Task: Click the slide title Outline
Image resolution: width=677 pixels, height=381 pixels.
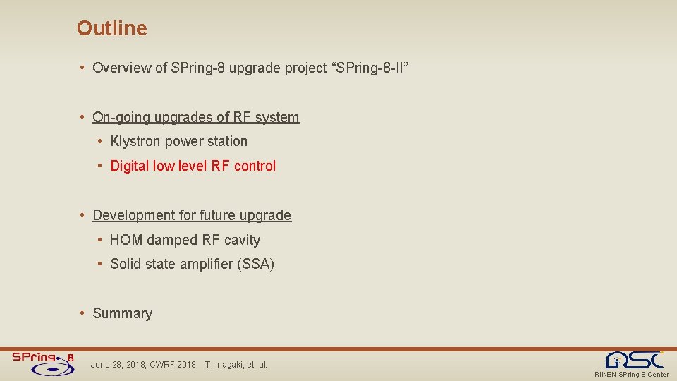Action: point(112,28)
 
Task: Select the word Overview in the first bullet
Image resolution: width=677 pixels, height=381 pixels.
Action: point(121,68)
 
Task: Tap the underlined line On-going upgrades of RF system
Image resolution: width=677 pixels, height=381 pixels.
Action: point(195,117)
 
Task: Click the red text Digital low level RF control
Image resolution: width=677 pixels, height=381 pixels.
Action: point(193,167)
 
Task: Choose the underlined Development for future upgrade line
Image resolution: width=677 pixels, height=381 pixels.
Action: point(191,215)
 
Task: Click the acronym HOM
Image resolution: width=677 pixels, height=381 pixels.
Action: point(126,241)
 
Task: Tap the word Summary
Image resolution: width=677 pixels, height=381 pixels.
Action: point(122,313)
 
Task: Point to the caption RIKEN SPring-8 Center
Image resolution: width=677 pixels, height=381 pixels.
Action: point(631,375)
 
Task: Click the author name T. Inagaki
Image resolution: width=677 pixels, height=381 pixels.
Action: point(224,365)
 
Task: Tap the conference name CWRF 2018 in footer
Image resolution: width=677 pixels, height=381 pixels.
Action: point(173,365)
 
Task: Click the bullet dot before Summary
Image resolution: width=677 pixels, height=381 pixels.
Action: point(83,313)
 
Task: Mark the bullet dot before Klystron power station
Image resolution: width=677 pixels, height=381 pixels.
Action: point(101,142)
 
